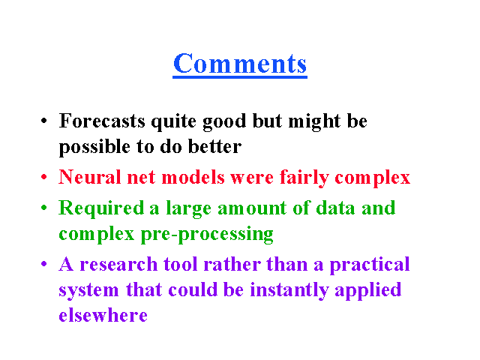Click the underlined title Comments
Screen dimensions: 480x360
pos(240,64)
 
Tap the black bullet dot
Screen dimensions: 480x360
pos(44,120)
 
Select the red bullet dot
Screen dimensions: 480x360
pos(44,177)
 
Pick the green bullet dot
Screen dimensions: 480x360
pos(44,208)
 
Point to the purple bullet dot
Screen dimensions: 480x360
pos(44,264)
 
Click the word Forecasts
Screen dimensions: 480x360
pos(102,121)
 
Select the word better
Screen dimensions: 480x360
pos(214,146)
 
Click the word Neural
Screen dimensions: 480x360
pos(90,177)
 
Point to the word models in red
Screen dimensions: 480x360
pos(193,177)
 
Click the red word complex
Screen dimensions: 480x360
pos(373,178)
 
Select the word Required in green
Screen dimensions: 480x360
pos(101,209)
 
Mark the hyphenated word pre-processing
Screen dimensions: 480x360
pos(207,235)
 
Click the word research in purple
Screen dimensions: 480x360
pos(118,265)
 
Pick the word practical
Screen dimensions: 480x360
pos(370,265)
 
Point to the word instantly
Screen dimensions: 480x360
pos(289,291)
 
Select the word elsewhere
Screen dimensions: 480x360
pos(103,315)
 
